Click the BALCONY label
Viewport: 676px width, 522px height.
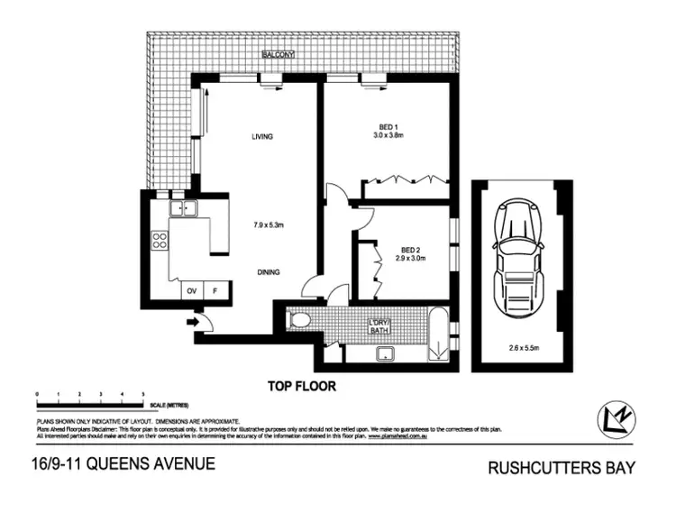pyautogui.click(x=278, y=56)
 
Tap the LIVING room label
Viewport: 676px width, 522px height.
pyautogui.click(x=261, y=137)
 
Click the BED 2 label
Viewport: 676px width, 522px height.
pyautogui.click(x=411, y=252)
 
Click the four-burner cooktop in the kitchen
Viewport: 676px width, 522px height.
pyautogui.click(x=160, y=241)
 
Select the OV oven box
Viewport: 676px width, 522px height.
pyautogui.click(x=191, y=291)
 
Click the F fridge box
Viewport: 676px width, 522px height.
pyautogui.click(x=215, y=291)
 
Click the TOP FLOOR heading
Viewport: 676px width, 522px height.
pyautogui.click(x=301, y=386)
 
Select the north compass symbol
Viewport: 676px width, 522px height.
pyautogui.click(x=617, y=417)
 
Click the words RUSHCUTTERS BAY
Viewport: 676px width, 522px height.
pyautogui.click(x=562, y=468)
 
